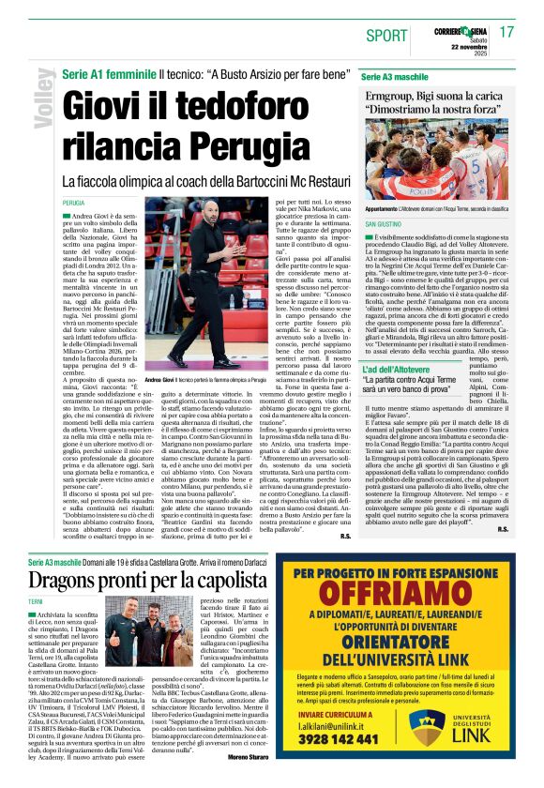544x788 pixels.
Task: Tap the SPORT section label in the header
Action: (x=386, y=36)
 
